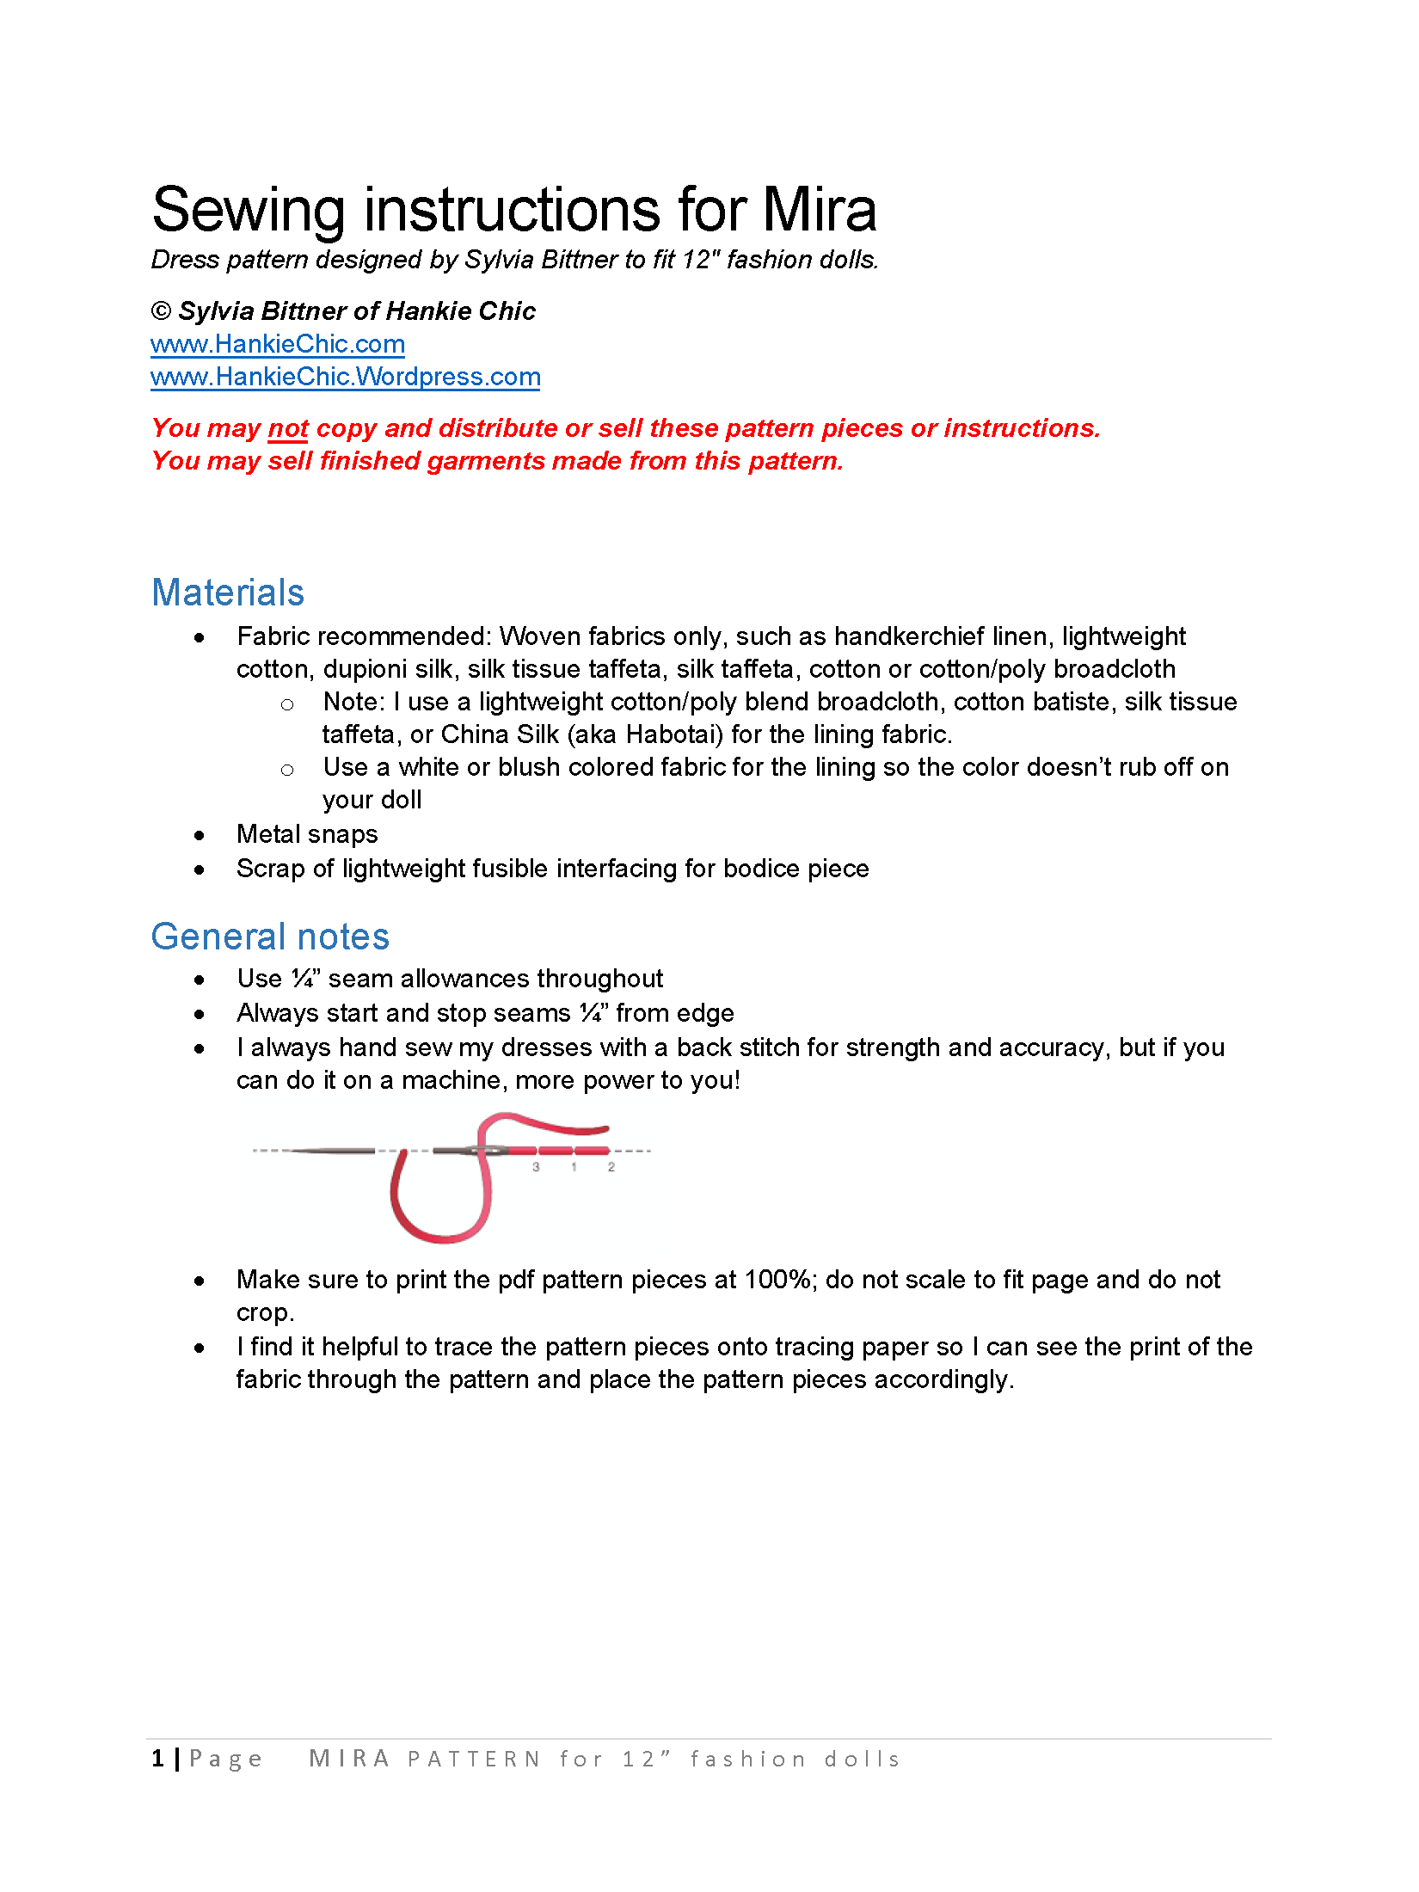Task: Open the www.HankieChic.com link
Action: [277, 344]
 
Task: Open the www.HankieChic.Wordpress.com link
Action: [345, 377]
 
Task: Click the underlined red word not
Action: [288, 428]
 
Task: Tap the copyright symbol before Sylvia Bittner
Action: [161, 311]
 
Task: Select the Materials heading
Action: [228, 593]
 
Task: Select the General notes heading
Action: [270, 937]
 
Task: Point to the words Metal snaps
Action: [307, 834]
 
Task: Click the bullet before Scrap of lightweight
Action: [200, 869]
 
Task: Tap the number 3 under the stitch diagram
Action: [536, 1167]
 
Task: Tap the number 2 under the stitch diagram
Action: [611, 1167]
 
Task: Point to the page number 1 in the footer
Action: [157, 1759]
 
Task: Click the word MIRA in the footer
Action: [349, 1759]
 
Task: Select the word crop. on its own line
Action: [265, 1312]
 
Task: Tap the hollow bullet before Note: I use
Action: [287, 704]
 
